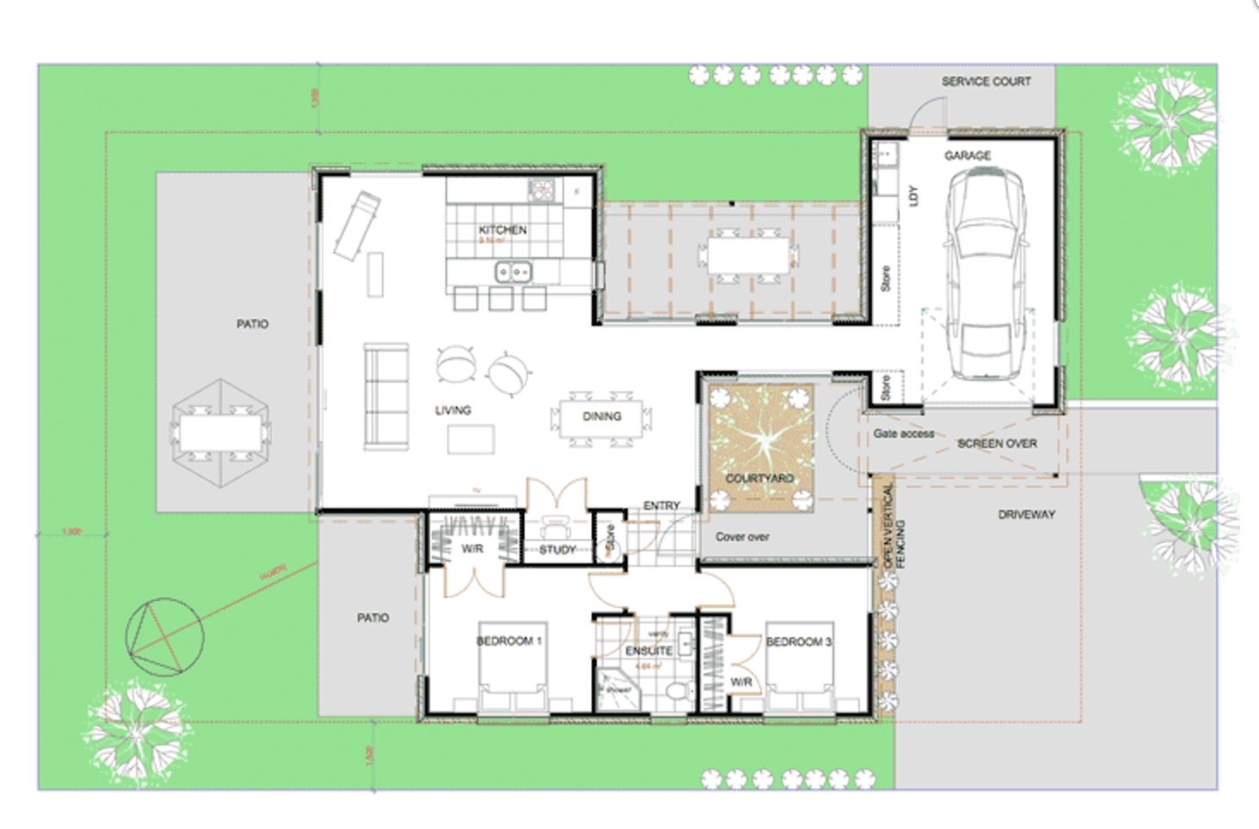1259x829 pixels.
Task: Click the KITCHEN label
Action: (502, 230)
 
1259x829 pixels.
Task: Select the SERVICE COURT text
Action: (986, 82)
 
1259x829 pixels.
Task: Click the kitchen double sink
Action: (513, 273)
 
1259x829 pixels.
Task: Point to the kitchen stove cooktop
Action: (542, 188)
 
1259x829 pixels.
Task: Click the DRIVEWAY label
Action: (1026, 514)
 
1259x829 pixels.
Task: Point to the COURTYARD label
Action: (759, 478)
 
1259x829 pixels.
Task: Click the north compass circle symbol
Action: (164, 637)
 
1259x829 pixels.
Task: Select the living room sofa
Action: (386, 396)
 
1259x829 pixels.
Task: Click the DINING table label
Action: (601, 416)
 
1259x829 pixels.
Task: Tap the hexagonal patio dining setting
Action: (221, 433)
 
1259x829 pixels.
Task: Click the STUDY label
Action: (557, 550)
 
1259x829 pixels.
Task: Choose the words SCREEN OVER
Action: (997, 444)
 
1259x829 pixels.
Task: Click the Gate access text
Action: (903, 433)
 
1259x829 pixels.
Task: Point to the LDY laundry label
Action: (913, 196)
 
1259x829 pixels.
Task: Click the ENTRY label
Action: (661, 506)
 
